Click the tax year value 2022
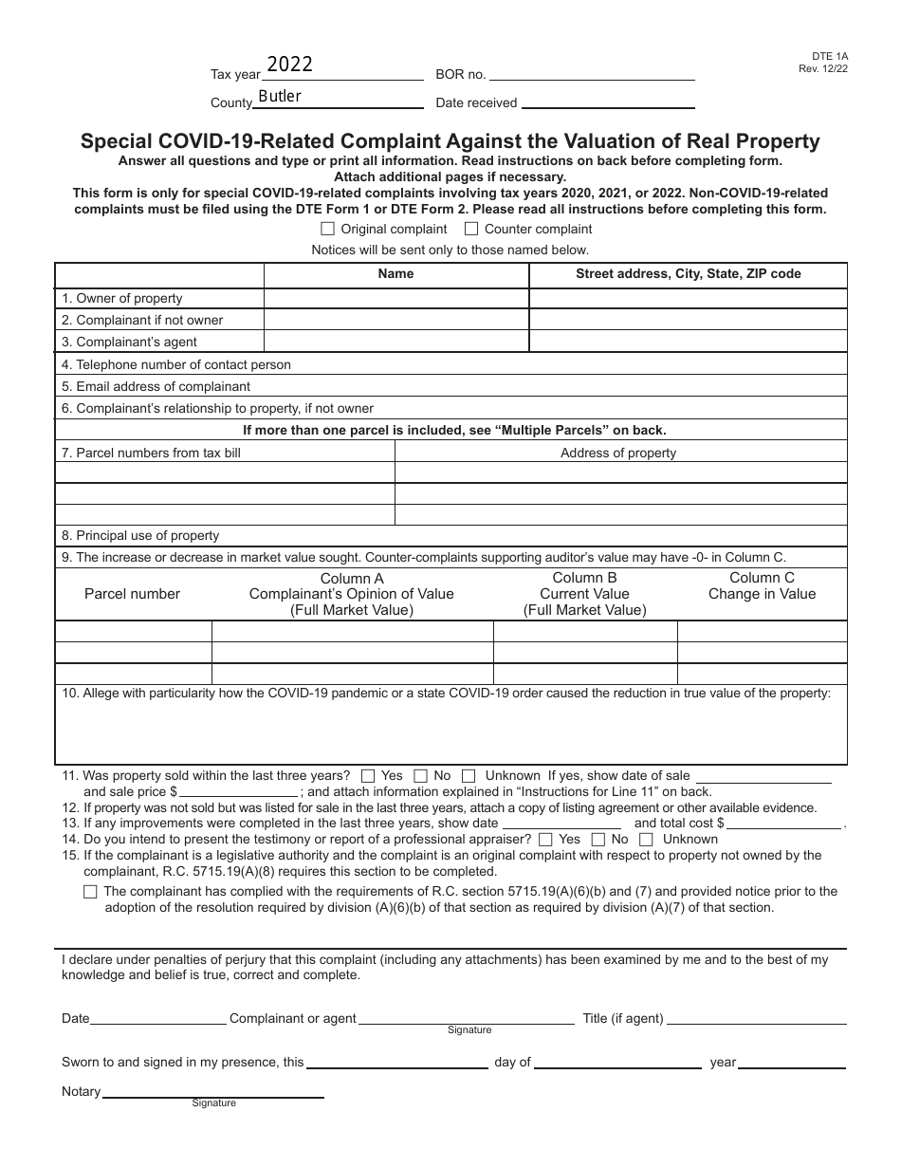tap(289, 65)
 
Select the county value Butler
tap(280, 96)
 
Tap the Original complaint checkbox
tap(328, 229)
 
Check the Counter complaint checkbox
tap(471, 229)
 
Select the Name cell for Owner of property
tap(395, 298)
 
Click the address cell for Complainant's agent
tap(688, 342)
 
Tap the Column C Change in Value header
tap(762, 586)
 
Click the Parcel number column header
tap(132, 594)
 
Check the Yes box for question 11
tap(368, 775)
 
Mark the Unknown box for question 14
tap(646, 839)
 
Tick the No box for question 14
tap(598, 839)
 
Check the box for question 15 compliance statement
tap(90, 892)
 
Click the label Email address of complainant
tap(156, 386)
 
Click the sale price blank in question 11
tap(238, 792)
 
